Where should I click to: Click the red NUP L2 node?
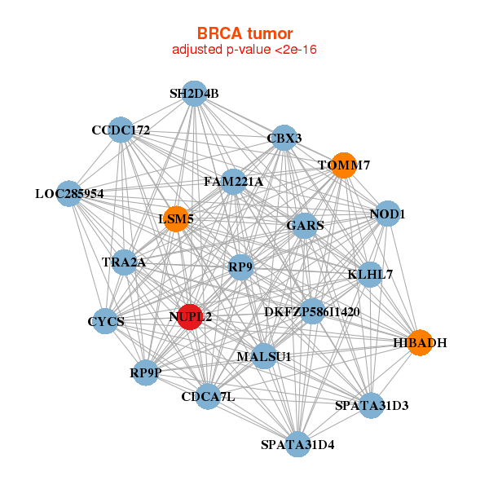(x=189, y=316)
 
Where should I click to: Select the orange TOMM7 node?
(x=343, y=165)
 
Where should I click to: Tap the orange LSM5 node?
(x=176, y=218)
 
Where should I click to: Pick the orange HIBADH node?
(x=419, y=343)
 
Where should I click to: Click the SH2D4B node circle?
(x=194, y=94)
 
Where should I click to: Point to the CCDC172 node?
(x=121, y=130)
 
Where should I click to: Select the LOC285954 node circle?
(x=70, y=194)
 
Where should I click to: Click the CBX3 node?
(x=284, y=139)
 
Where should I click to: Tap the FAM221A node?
(x=233, y=182)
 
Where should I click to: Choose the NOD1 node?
(x=387, y=214)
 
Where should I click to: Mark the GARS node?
(x=305, y=225)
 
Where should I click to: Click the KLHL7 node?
(x=370, y=275)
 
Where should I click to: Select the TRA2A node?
(x=124, y=262)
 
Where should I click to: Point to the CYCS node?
(x=106, y=322)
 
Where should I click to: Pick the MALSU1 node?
(x=264, y=356)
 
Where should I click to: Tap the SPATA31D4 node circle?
(x=297, y=444)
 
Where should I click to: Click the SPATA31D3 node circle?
(x=372, y=405)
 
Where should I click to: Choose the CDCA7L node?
(x=208, y=397)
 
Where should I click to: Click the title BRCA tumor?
(x=244, y=33)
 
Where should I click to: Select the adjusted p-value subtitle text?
(x=244, y=50)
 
